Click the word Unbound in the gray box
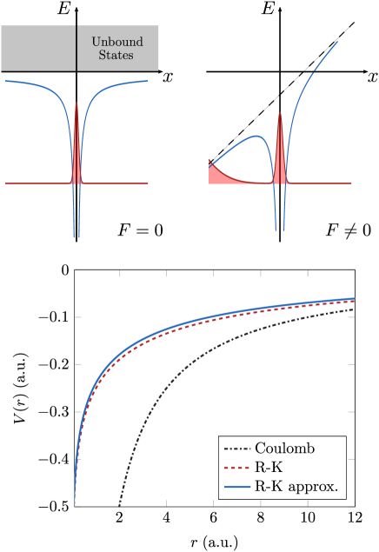coord(117,42)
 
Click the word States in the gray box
coord(116,56)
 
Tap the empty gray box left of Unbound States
coord(38,48)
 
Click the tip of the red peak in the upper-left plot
coord(76,103)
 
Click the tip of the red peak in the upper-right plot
coord(280,113)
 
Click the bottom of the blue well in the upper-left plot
coord(76,235)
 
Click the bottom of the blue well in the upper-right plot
coord(280,229)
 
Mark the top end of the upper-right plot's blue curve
coord(337,42)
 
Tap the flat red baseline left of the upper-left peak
coord(35,183)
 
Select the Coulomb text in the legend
coord(284,449)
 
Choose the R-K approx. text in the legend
coord(296,487)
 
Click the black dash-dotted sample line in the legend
coord(237,449)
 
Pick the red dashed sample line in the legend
coord(237,468)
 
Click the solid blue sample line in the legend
coord(237,487)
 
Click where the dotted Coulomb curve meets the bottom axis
coord(119,505)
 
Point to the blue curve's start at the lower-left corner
coord(76,504)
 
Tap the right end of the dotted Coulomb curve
coord(354,309)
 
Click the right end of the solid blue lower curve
coord(354,298)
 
